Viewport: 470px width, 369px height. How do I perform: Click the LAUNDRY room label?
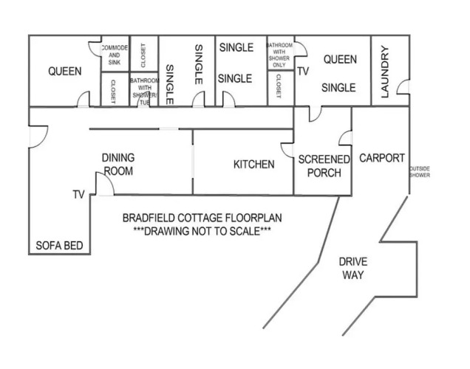click(x=384, y=72)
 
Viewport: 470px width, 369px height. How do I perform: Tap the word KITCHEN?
click(x=253, y=164)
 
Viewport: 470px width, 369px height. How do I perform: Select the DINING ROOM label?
click(x=118, y=164)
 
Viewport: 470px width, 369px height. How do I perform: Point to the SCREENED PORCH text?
click(x=324, y=166)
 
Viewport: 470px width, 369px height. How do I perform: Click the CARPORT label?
click(x=381, y=158)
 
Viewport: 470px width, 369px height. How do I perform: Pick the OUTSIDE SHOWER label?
click(x=420, y=172)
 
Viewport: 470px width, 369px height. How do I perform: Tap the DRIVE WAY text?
click(x=352, y=269)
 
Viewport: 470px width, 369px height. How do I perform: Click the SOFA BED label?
click(x=60, y=246)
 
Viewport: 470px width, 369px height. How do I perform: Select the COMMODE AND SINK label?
click(x=114, y=55)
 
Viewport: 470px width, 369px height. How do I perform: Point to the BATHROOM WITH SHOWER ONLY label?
click(x=279, y=55)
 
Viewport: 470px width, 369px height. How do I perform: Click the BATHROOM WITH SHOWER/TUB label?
click(x=144, y=88)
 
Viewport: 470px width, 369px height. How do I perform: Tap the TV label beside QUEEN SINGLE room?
click(x=303, y=72)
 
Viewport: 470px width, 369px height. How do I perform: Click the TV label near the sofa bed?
click(x=79, y=195)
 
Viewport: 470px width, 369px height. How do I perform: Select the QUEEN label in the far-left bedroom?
click(x=64, y=72)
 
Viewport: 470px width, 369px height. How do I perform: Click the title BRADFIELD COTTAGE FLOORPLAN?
click(x=202, y=218)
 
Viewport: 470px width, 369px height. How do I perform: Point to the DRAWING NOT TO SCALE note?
click(x=202, y=231)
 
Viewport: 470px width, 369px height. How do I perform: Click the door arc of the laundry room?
click(x=403, y=87)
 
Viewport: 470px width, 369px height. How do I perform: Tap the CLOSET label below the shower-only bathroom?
click(x=279, y=89)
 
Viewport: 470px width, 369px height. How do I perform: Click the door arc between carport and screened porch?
click(x=345, y=138)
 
